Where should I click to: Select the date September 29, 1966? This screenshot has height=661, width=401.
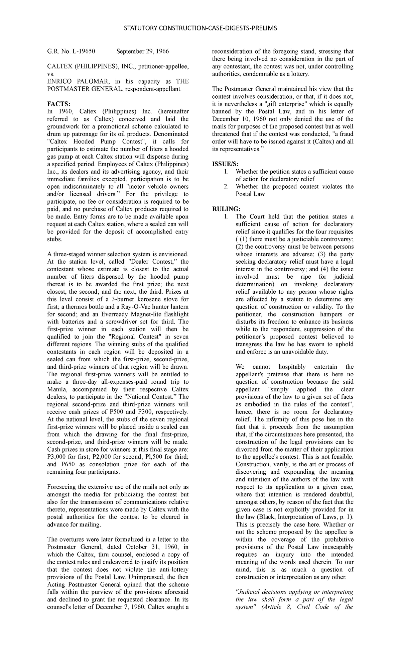[x=142, y=52]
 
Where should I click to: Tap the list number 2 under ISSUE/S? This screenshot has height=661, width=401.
[x=227, y=187]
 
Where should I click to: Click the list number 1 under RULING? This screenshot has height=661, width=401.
[x=227, y=217]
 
